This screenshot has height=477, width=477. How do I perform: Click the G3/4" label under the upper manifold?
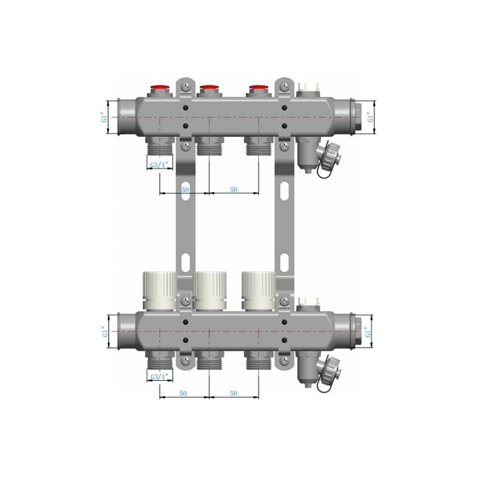pyautogui.click(x=159, y=166)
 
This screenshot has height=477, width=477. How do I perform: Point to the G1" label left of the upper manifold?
pyautogui.click(x=104, y=117)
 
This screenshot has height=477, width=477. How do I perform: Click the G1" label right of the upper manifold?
pyautogui.click(x=370, y=117)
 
